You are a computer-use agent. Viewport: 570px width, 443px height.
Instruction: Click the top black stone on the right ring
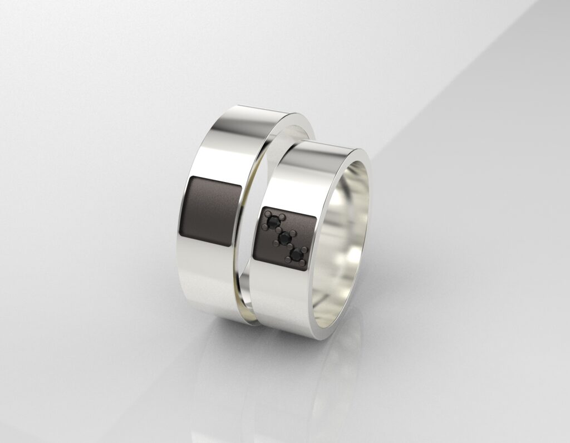tap(273, 223)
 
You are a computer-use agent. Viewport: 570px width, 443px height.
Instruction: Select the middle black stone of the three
tap(284, 238)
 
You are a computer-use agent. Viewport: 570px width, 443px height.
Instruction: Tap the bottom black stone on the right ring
tap(297, 254)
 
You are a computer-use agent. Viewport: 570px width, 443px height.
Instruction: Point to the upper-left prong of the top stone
tap(268, 214)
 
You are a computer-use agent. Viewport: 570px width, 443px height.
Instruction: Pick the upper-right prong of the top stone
tap(282, 217)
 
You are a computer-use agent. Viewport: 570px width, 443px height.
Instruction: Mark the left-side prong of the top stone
tap(265, 227)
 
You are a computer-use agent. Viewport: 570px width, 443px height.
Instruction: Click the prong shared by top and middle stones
tap(278, 230)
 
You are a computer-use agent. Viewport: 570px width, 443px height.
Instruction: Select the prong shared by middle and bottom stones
tap(290, 246)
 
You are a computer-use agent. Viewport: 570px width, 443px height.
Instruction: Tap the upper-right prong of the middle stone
tap(293, 233)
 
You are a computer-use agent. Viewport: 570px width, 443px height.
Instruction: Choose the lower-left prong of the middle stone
tap(276, 243)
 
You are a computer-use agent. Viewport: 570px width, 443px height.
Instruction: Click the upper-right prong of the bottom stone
tap(304, 249)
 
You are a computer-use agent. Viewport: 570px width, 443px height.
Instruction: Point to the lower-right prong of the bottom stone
tap(302, 263)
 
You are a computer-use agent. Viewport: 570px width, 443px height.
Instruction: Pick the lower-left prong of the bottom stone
tap(288, 259)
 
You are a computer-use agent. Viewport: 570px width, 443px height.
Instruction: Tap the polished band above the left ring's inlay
tap(223, 150)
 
